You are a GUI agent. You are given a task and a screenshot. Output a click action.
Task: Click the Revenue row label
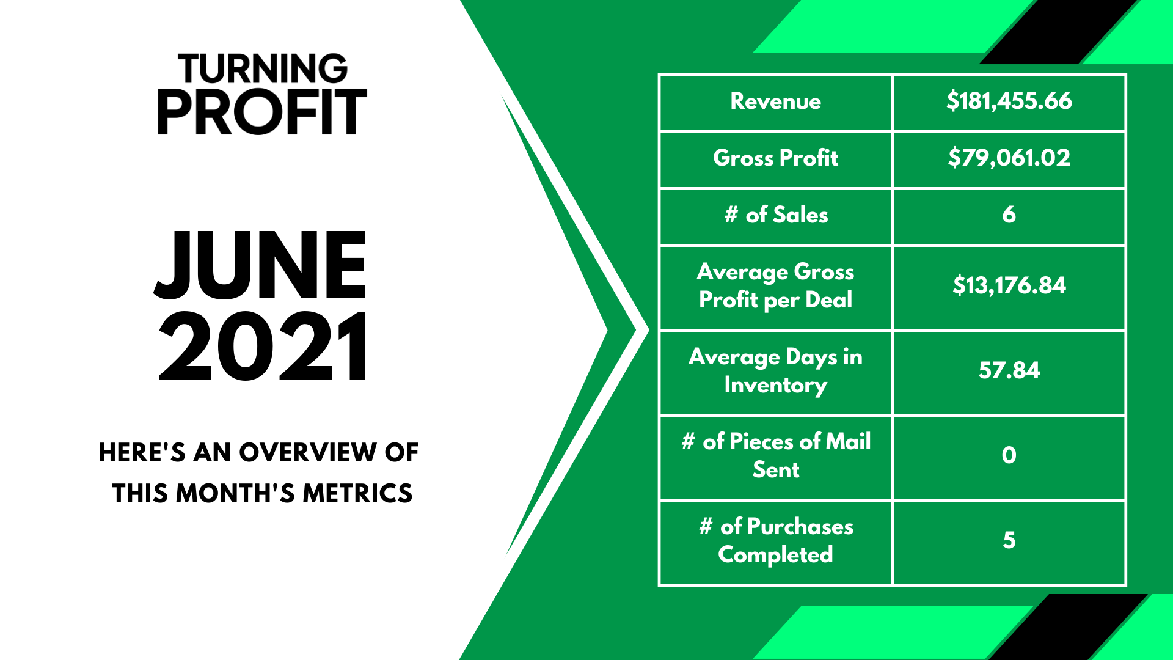775,101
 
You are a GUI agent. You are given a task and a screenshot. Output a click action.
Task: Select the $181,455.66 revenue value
1009,101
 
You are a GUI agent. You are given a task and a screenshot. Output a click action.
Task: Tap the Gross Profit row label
775,158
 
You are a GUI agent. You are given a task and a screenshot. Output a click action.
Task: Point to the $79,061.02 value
1009,158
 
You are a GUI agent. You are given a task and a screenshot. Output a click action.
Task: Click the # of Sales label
776,215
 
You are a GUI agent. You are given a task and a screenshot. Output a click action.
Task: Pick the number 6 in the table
1009,215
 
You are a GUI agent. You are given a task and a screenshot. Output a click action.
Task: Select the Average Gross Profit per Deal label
775,285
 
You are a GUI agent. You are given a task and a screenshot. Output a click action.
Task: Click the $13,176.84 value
1009,285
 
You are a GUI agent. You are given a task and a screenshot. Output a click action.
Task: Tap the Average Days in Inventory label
775,370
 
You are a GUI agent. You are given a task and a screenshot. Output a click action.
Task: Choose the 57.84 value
1009,370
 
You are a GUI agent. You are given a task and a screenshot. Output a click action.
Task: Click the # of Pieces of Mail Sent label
776,455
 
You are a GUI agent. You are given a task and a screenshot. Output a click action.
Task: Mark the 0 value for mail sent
1009,455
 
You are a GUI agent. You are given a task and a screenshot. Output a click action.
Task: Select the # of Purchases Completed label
776,540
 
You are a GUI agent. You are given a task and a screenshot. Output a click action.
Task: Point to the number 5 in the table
1009,540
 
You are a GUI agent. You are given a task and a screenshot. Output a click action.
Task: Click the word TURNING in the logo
263,68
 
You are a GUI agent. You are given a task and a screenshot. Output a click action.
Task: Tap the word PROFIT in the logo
262,112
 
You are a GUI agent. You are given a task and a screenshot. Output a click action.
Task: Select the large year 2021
263,346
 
